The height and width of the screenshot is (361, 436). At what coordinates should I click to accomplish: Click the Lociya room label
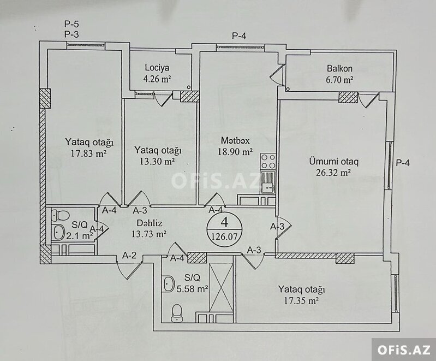[157, 68]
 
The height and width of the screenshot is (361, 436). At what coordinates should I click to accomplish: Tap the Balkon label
[339, 68]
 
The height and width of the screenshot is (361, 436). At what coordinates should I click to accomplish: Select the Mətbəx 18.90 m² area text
[235, 152]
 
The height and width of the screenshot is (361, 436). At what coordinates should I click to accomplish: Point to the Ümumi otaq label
[333, 162]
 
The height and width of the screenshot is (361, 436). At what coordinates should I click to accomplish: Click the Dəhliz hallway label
[150, 223]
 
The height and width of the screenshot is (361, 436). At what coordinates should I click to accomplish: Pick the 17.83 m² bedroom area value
[89, 153]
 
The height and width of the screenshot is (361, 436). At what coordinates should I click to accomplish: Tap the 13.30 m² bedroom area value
[157, 162]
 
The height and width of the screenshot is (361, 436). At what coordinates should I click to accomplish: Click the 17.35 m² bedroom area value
[301, 300]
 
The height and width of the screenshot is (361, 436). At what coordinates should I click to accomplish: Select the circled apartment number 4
[224, 222]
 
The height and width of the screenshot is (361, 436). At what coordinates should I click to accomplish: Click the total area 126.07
[224, 236]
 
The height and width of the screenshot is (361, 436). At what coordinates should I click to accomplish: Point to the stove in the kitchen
[268, 162]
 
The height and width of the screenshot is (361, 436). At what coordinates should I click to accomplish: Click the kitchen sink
[268, 183]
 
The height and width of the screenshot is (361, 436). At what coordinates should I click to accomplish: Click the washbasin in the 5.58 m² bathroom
[169, 283]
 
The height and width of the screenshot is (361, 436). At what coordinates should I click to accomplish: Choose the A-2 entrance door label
[129, 255]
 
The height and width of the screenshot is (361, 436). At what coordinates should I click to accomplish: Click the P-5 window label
[71, 24]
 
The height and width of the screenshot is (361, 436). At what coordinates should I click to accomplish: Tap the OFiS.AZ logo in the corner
[404, 350]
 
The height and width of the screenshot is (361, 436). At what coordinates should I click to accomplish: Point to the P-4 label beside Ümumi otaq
[403, 163]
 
